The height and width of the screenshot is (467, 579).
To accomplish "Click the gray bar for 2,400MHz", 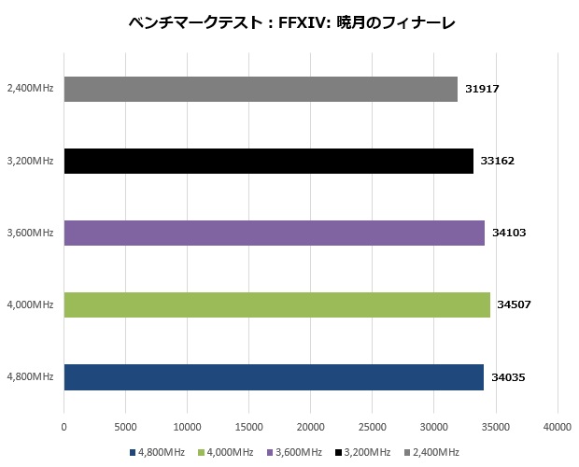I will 261,89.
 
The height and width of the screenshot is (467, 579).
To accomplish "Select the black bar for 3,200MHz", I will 268,161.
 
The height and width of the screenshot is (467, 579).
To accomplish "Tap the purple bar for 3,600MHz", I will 274,233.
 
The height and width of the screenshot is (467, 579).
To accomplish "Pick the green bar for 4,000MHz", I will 276,304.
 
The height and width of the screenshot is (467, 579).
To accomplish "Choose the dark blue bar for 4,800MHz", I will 274,376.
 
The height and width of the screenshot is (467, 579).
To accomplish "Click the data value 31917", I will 484,89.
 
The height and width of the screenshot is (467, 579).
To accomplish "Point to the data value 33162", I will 496,161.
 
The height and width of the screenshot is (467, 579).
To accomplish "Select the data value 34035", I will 507,376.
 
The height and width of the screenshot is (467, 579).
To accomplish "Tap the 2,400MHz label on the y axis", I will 29,89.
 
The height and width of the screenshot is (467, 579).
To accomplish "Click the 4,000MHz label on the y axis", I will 29,304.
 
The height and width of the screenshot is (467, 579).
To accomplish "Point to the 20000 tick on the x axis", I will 311,426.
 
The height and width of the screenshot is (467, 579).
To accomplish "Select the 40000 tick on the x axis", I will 558,426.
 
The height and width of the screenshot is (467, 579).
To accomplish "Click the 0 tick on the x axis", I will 64,426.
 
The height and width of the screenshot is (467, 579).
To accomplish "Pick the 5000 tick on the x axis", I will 125,426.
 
